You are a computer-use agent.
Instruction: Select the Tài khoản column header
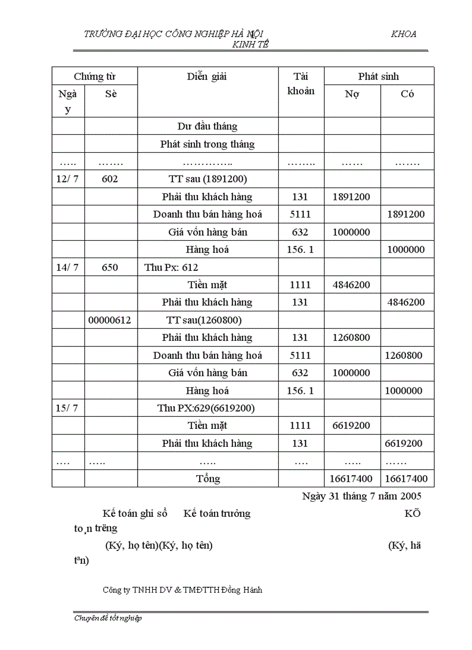tap(301, 83)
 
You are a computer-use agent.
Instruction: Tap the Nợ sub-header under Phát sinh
tap(352, 94)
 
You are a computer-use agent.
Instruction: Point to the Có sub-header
tap(407, 94)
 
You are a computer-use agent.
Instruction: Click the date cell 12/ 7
tap(68, 179)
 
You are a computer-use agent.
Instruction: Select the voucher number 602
tap(110, 179)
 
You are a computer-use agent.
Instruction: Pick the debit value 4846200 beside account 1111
tap(351, 285)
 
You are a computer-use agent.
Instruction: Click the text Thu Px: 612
tap(171, 267)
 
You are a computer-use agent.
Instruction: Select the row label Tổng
tap(208, 479)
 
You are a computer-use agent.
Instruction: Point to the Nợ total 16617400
tap(351, 479)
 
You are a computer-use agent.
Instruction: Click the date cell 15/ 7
tap(67, 408)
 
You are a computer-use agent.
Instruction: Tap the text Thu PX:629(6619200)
tap(206, 408)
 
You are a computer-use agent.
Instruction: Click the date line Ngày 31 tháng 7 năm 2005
tap(362, 496)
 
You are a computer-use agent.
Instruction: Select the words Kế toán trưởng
tap(217, 513)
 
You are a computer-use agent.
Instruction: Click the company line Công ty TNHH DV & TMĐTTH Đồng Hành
tap(182, 590)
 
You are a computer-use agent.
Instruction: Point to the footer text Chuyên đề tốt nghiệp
tap(108, 618)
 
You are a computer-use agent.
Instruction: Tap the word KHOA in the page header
tap(403, 34)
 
